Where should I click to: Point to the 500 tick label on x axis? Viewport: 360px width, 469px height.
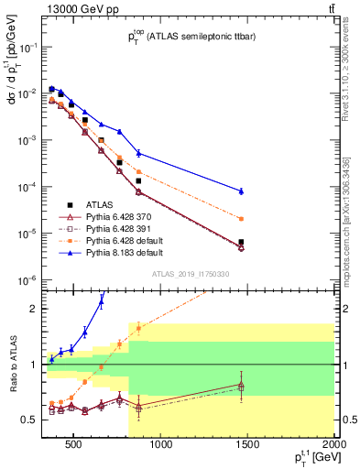click(x=72, y=445)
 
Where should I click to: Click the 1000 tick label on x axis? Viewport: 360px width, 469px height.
click(x=161, y=445)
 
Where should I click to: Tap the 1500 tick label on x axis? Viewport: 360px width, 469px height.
click(x=248, y=445)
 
